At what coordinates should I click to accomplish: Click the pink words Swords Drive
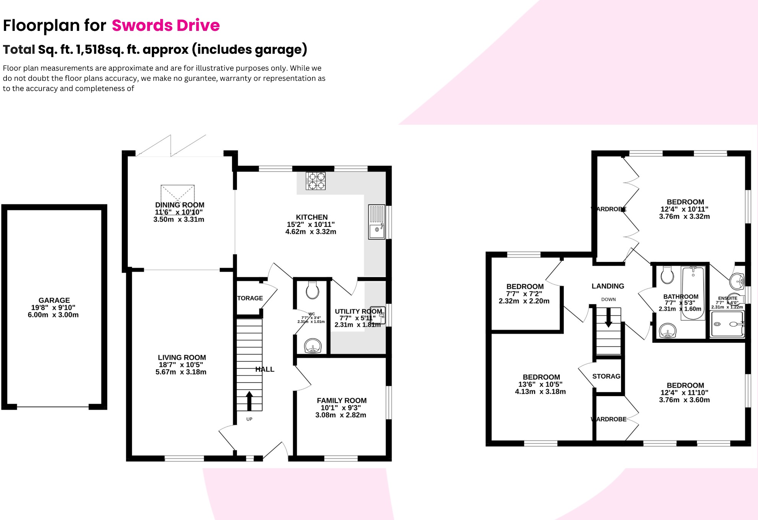166,26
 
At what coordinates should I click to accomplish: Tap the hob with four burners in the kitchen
316,181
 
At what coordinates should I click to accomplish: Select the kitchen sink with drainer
377,222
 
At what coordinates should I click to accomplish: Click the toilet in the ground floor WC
312,290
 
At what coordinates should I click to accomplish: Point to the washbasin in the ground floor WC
313,346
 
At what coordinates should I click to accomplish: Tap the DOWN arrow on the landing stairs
608,317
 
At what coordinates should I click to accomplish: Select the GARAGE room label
54,300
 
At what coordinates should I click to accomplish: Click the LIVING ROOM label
182,358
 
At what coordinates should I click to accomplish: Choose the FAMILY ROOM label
341,401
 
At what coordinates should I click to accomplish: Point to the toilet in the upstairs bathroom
667,275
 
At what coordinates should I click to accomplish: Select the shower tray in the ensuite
727,324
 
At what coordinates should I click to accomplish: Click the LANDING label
608,286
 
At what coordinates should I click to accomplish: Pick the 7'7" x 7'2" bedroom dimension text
524,294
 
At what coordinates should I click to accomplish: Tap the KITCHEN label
312,217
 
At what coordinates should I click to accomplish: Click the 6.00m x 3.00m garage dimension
53,315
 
